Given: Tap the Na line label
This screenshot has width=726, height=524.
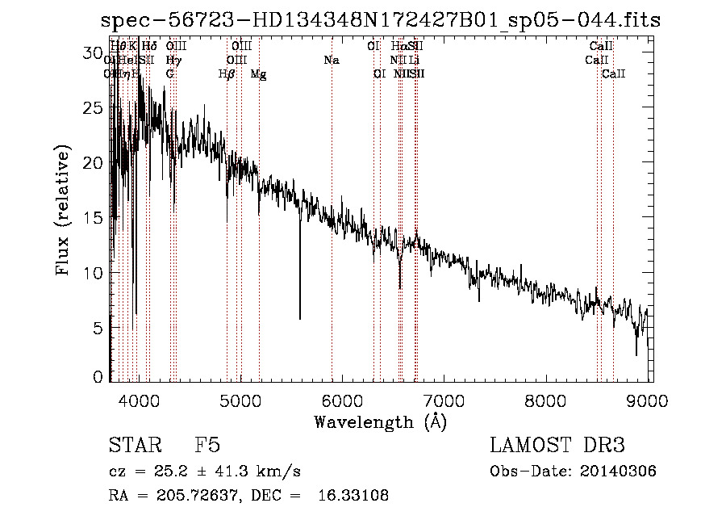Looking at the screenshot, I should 332,61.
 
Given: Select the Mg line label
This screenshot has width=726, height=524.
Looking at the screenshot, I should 258,74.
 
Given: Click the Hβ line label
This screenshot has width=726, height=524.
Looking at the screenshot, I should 227,74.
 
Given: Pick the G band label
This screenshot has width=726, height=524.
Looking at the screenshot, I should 170,74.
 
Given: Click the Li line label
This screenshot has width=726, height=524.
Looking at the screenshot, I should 413,61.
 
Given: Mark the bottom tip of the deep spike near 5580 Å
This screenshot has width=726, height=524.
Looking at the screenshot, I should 300,319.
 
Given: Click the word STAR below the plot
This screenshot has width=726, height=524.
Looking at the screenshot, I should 131,446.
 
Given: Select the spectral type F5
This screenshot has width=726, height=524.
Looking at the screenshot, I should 207,446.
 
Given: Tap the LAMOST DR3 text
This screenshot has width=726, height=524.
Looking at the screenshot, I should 557,446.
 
